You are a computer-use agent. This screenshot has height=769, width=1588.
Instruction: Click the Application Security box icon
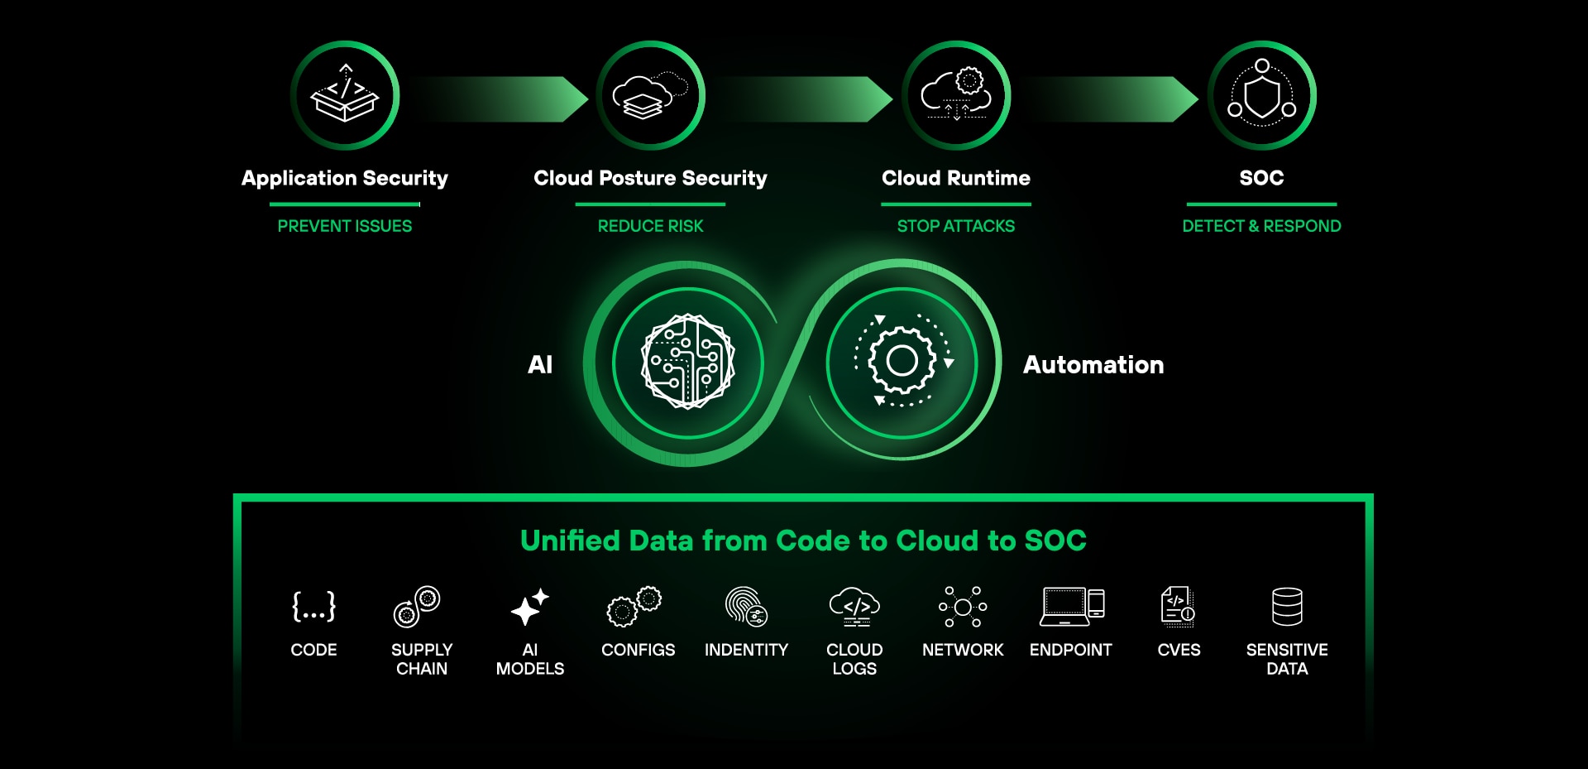click(x=345, y=95)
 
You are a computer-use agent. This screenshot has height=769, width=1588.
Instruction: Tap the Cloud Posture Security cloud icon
click(x=651, y=95)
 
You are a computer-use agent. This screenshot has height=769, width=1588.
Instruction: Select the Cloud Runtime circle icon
click(x=956, y=95)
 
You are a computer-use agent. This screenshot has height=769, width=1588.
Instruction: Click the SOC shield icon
click(x=1262, y=95)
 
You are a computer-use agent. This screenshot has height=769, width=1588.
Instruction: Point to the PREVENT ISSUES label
click(x=345, y=226)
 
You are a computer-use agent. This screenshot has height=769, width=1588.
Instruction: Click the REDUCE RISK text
click(x=651, y=226)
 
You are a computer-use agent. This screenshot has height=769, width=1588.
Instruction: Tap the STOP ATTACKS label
click(x=956, y=226)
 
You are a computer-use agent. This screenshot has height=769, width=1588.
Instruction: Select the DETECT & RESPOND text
click(x=1262, y=226)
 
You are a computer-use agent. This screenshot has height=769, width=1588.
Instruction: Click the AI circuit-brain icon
click(x=688, y=362)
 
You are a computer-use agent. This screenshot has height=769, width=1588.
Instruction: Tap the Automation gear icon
click(x=902, y=361)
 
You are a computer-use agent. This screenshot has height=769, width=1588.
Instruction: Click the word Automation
click(x=1093, y=365)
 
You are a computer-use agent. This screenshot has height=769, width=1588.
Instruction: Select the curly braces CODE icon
click(x=314, y=607)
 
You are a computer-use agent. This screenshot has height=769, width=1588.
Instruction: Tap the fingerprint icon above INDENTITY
click(x=746, y=607)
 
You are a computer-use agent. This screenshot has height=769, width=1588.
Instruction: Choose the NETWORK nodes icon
click(x=963, y=607)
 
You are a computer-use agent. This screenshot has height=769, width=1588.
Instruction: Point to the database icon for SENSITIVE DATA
click(x=1287, y=607)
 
